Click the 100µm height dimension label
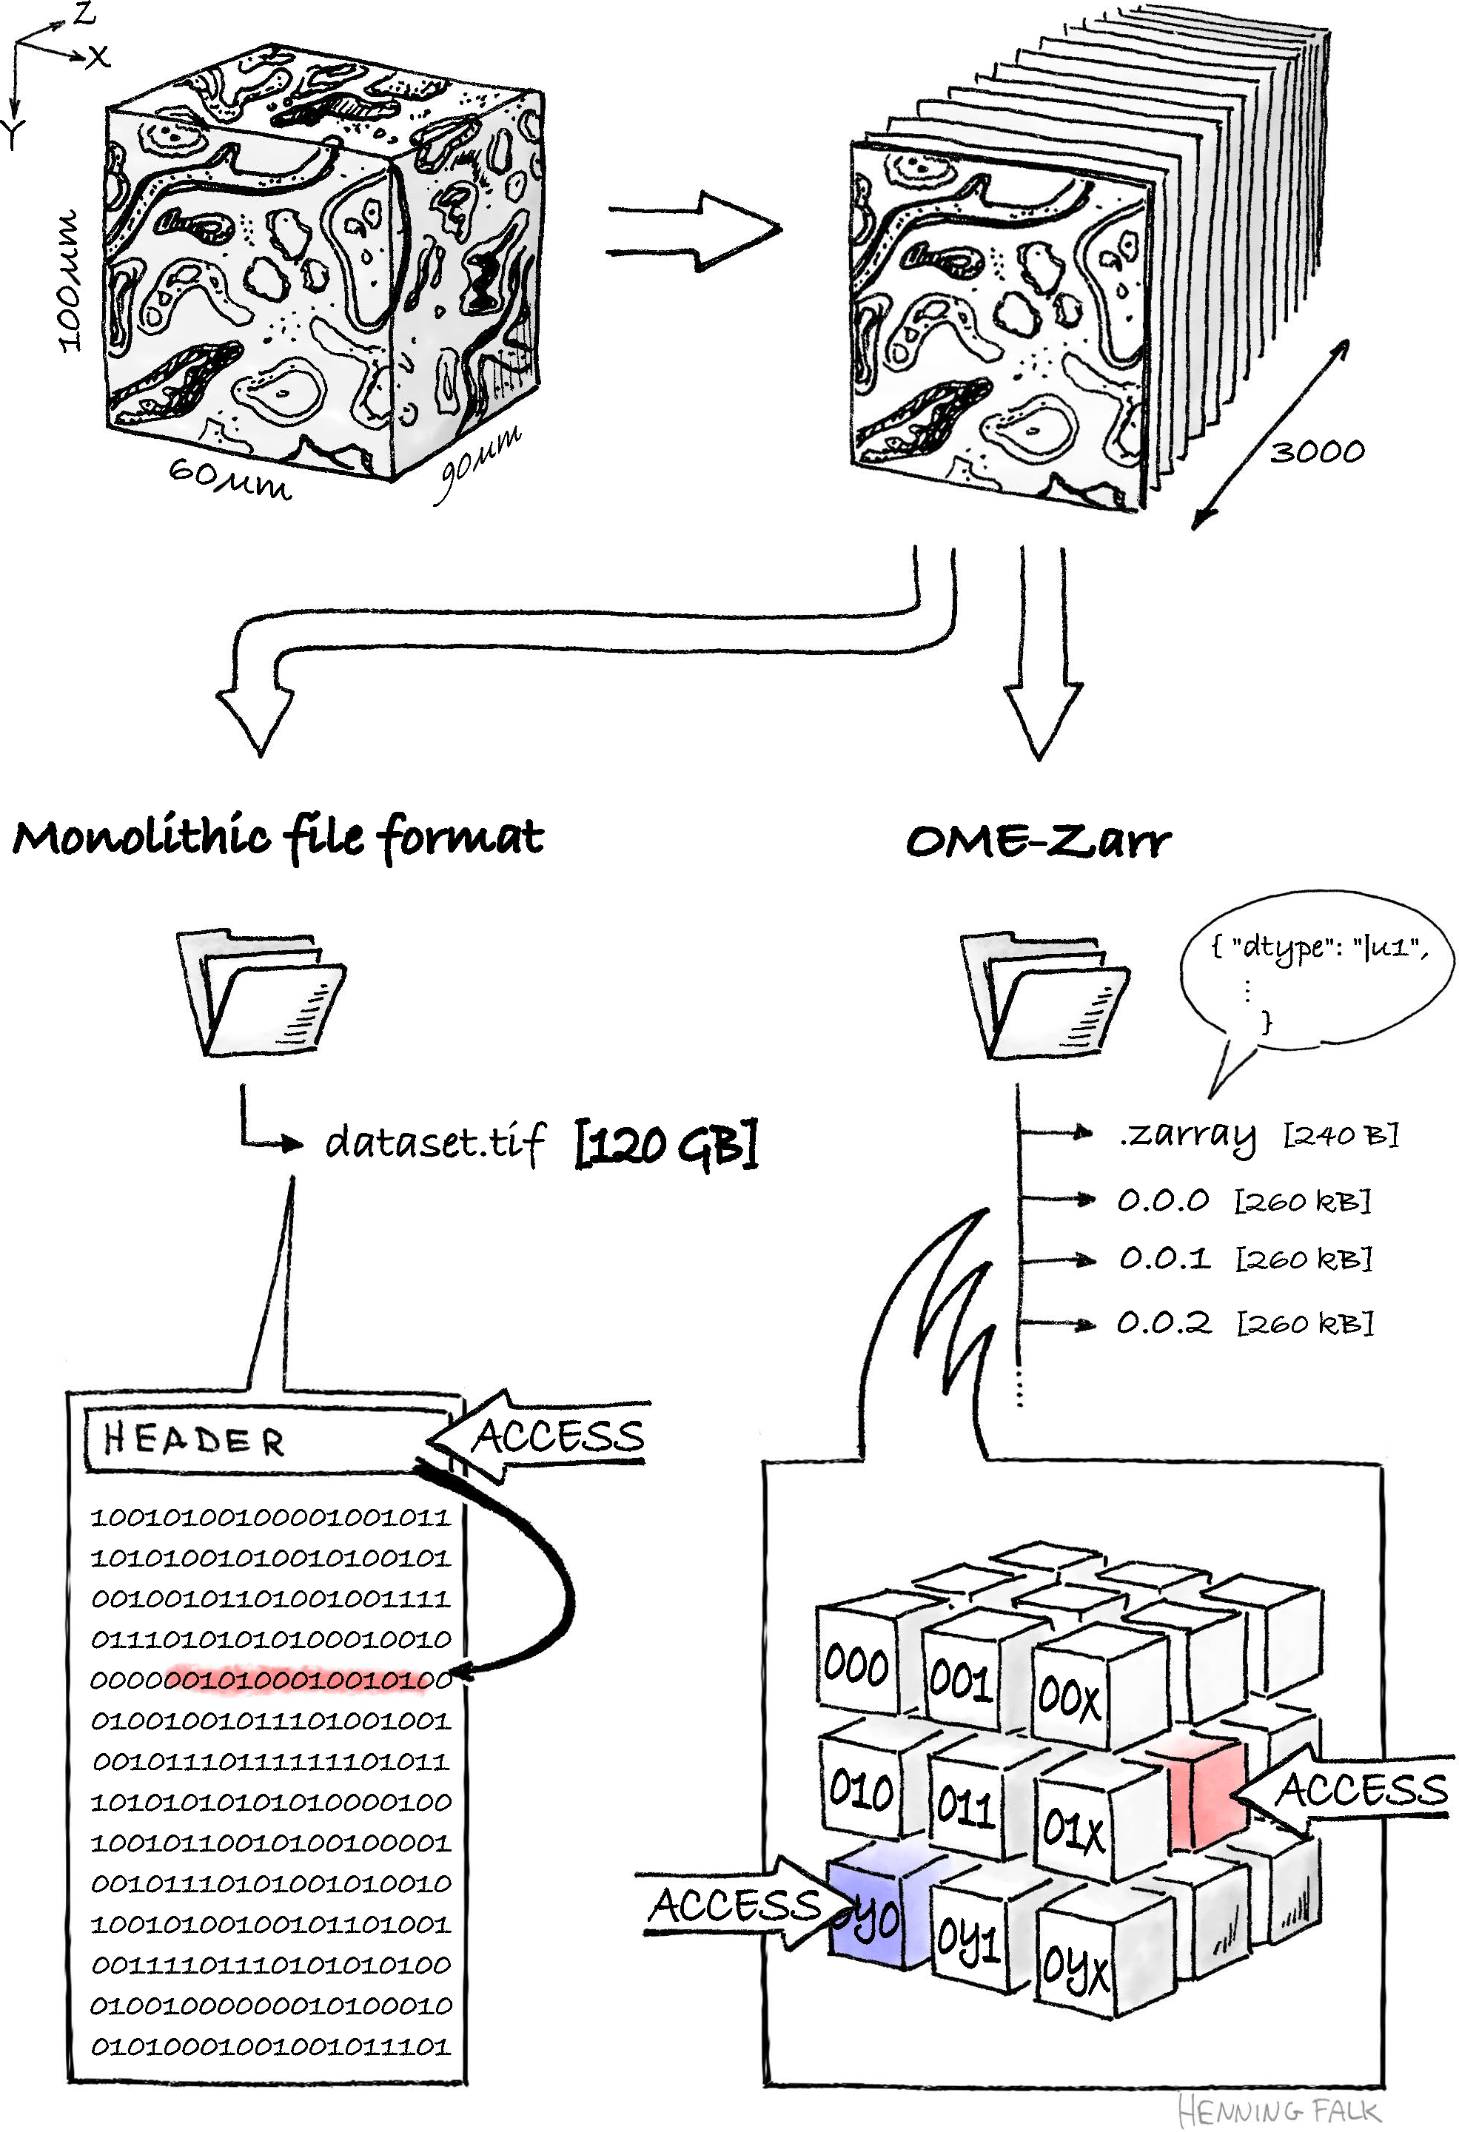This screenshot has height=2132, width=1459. coord(68,280)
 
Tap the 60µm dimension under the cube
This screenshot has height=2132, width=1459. coord(229,478)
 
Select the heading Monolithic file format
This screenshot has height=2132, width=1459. coord(278,837)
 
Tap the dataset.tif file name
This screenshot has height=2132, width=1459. coord(435,1142)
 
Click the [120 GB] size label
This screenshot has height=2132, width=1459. coord(666,1144)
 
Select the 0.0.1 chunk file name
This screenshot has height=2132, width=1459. coord(1164,1258)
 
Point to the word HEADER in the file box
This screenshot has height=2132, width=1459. coord(194,1439)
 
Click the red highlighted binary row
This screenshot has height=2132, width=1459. coord(303,1679)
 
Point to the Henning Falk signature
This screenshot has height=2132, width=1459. coord(1278,2109)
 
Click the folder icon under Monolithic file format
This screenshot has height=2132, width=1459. coord(261,995)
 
